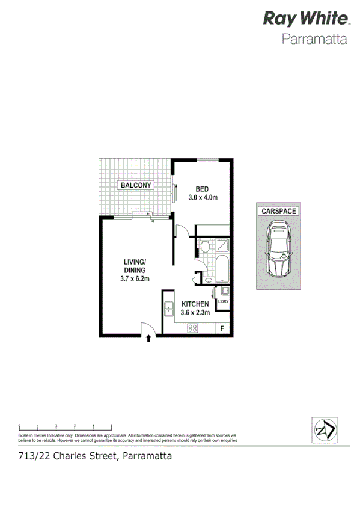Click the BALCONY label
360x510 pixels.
(136, 185)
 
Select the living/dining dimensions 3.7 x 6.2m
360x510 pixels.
(135, 278)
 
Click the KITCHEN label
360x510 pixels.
(195, 305)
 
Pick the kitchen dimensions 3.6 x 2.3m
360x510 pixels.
(195, 313)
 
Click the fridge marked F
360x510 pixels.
(222, 328)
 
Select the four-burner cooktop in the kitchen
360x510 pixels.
(194, 328)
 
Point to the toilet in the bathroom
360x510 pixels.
(204, 247)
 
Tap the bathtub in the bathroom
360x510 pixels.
(221, 269)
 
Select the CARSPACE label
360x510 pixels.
(278, 212)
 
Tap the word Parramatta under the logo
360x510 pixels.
(315, 40)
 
